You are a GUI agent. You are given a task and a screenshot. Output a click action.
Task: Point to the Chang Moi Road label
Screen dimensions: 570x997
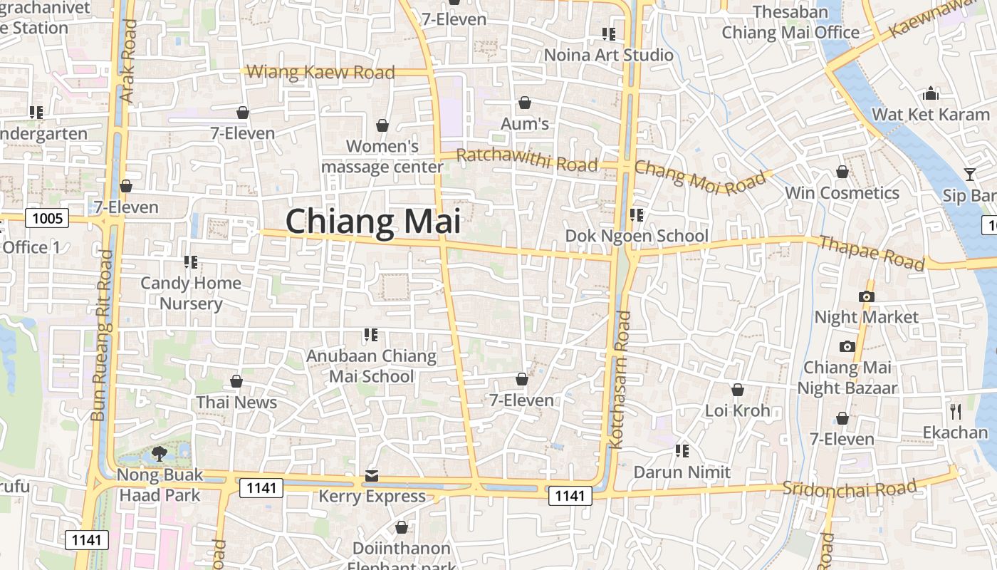pos(699,176)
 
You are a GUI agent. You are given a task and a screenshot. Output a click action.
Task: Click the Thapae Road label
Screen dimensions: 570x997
pos(871,252)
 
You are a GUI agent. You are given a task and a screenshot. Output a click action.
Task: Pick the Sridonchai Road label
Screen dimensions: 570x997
pos(849,488)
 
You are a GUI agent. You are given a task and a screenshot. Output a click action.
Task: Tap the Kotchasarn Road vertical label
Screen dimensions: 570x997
pos(617,380)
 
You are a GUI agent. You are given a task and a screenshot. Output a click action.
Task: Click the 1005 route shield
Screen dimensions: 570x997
pos(48,218)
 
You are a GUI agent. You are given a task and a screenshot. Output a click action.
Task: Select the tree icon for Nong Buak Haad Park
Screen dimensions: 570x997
pos(160,454)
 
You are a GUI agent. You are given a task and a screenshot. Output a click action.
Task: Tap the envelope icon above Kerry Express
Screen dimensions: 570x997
pos(372,475)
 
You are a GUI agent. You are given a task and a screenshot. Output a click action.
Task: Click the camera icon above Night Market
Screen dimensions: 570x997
pos(867,296)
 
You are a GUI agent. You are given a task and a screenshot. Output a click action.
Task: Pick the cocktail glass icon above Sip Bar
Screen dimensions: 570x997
pos(969,175)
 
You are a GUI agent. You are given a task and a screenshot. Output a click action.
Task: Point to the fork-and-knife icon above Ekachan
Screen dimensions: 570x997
pos(956,411)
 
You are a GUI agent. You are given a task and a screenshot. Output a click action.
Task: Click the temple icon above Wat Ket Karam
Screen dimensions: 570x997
pos(931,93)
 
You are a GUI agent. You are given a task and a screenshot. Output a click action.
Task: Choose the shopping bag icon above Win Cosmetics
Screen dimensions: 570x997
pos(842,172)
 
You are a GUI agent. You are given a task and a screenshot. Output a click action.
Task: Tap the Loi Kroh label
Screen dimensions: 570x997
pos(738,410)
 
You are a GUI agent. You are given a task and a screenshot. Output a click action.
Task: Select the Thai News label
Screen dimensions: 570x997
pos(236,402)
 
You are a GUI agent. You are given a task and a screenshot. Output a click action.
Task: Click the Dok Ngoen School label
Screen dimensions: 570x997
pos(637,236)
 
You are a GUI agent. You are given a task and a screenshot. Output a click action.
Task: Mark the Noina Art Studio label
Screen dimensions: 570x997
pos(608,55)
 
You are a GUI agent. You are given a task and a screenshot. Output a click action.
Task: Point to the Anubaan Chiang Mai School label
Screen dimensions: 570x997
pos(371,366)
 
